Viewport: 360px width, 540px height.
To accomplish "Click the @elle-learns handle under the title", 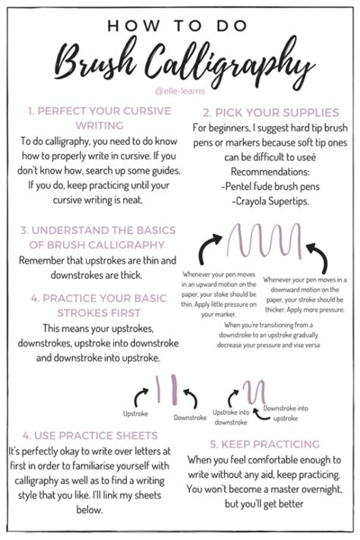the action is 180,91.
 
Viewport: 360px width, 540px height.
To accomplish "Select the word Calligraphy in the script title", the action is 228,63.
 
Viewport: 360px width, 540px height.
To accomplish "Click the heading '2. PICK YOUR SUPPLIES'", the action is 271,112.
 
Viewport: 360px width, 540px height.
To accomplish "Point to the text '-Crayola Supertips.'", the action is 270,201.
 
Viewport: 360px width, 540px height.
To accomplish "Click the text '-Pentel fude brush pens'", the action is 270,186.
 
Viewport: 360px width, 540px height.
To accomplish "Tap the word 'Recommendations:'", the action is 270,172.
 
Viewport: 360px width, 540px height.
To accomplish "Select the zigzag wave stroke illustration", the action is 264,241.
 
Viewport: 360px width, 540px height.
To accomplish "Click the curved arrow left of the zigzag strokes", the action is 208,248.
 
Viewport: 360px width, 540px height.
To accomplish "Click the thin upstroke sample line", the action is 158,389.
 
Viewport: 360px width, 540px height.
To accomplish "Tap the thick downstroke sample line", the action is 174,390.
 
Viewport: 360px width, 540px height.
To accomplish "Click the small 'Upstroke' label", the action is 135,414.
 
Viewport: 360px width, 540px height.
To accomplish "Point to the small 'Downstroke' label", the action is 190,418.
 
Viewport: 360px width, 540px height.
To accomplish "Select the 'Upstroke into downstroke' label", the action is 231,417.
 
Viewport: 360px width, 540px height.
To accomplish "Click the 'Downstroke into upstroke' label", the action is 286,413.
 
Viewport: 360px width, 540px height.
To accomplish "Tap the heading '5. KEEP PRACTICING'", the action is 264,444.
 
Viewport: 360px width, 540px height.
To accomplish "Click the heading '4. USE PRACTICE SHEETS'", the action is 90,436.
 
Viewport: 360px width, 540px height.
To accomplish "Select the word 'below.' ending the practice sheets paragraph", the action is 90,510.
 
